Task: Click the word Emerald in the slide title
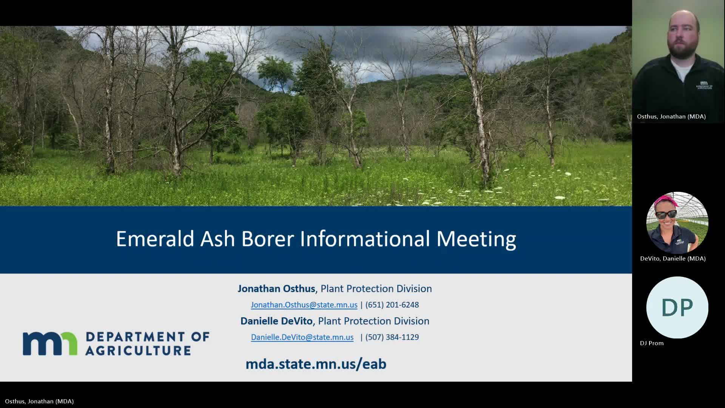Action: tap(155, 239)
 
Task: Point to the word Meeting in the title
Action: tap(476, 239)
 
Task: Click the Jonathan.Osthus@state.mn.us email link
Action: tap(304, 305)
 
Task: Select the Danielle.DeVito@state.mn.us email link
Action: tap(302, 337)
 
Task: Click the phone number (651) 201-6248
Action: tap(392, 305)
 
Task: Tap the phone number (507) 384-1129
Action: tap(392, 337)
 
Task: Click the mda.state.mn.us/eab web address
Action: tap(316, 364)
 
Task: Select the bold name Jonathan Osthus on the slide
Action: tap(276, 289)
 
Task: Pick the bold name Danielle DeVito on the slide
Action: tap(276, 321)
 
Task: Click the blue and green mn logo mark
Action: tap(50, 343)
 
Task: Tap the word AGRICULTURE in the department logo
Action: tap(138, 351)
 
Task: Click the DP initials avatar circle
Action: tap(677, 308)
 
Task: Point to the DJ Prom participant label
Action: tap(651, 343)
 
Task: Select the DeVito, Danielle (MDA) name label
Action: tap(673, 258)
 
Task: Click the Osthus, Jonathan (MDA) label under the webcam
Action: tap(671, 116)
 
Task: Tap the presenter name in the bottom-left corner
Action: tap(39, 401)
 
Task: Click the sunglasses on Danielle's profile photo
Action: tap(666, 215)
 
